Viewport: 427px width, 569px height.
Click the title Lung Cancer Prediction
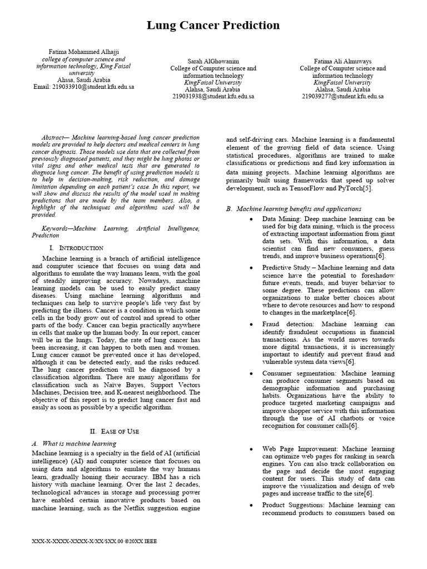pos(213,26)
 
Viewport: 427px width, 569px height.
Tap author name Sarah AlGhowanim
pos(213,61)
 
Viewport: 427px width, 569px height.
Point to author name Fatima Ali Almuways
pos(342,61)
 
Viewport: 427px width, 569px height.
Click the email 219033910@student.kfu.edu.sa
pos(83,87)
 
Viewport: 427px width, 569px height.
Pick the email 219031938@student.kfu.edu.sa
pos(213,96)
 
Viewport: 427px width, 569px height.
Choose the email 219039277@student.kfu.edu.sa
pos(342,96)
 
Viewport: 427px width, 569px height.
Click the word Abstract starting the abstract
pos(56,138)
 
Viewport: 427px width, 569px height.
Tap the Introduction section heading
pos(76,247)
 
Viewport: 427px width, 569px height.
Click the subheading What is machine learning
pos(78,443)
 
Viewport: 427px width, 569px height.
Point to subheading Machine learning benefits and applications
pos(299,209)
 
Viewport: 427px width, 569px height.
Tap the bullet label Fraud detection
pos(282,323)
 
